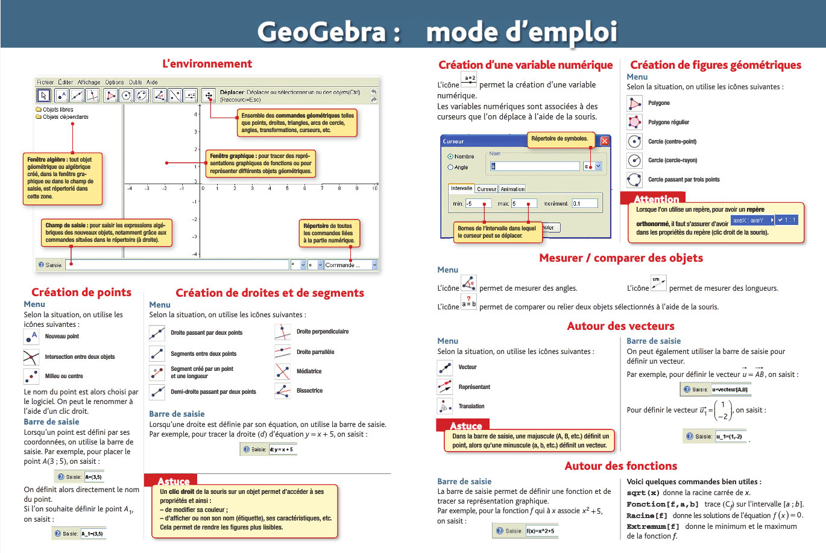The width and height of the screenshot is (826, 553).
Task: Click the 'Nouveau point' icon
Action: [x=31, y=337]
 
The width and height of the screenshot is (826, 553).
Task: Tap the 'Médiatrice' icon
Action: [x=282, y=371]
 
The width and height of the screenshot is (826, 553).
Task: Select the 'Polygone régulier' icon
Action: [x=634, y=122]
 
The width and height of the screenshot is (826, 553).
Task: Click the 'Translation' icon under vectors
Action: [x=445, y=406]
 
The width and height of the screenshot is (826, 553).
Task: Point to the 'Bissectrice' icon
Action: [x=282, y=391]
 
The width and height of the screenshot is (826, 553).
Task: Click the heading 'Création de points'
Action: [x=81, y=292]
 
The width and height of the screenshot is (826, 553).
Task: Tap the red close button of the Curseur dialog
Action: [x=604, y=141]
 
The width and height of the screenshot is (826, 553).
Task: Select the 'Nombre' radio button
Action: [x=450, y=157]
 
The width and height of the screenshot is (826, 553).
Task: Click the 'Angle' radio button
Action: [x=450, y=167]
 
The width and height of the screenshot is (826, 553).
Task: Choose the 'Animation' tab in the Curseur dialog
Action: [x=512, y=189]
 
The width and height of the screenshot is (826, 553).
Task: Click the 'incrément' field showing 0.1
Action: [x=584, y=204]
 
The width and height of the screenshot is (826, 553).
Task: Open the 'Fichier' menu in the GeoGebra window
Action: [x=45, y=82]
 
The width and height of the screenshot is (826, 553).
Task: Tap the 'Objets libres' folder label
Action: [x=58, y=110]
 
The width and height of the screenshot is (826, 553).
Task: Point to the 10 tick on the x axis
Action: [x=374, y=188]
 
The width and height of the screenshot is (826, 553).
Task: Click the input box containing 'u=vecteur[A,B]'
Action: [x=730, y=390]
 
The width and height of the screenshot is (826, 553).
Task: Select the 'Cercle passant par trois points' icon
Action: [x=634, y=180]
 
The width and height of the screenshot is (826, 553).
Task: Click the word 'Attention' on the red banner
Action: [x=657, y=199]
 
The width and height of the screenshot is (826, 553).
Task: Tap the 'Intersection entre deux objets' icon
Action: [x=31, y=357]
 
